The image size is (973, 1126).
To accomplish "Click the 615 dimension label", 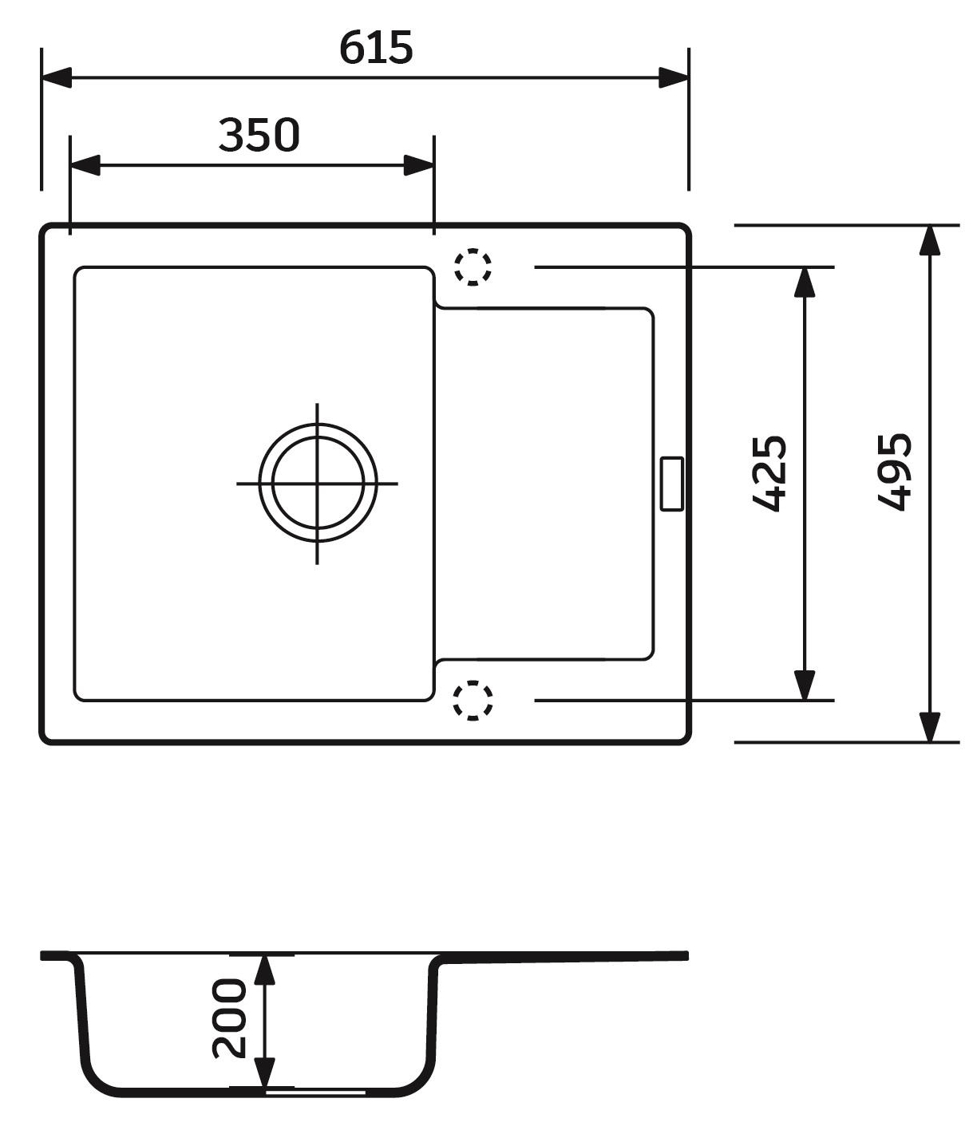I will tap(376, 48).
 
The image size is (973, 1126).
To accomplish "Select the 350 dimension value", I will tap(259, 135).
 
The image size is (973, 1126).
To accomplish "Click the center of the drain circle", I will tap(318, 483).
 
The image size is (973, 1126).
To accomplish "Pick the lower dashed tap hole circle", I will tap(473, 701).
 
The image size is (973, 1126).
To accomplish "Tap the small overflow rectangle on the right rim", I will tap(671, 483).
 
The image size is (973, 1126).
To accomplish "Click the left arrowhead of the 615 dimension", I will tap(56, 78).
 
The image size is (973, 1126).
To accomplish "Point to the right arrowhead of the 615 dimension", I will tap(674, 78).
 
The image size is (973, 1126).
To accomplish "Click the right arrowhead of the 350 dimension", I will tap(419, 165).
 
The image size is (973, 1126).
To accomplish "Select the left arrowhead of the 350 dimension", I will tap(85, 165).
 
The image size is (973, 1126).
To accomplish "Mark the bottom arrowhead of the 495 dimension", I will tap(928, 727).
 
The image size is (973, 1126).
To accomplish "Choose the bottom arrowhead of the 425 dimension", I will tap(805, 685).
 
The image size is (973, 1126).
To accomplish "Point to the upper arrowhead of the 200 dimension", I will tap(264, 969).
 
